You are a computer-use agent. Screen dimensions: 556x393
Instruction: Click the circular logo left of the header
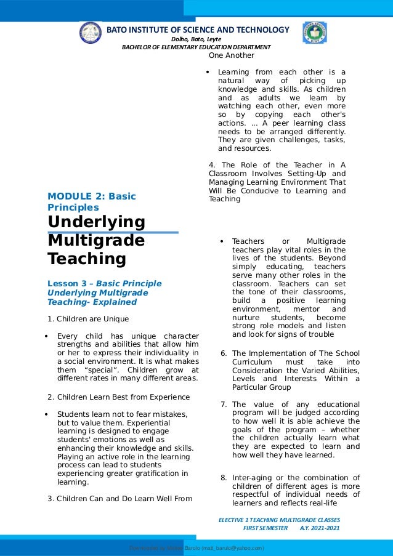point(91,33)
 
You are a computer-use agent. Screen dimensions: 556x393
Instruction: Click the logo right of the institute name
point(314,33)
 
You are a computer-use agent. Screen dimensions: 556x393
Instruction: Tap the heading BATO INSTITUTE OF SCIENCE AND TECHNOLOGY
point(198,30)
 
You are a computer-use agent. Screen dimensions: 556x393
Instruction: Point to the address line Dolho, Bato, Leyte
point(196,39)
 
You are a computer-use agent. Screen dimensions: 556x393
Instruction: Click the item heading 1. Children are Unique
point(88,319)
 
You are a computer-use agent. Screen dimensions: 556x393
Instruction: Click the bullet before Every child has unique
point(48,336)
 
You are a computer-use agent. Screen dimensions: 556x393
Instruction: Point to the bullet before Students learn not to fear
point(48,414)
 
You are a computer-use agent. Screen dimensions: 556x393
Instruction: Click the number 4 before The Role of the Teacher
point(211,165)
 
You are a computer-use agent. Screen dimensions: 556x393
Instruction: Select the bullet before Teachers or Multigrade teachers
point(222,241)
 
